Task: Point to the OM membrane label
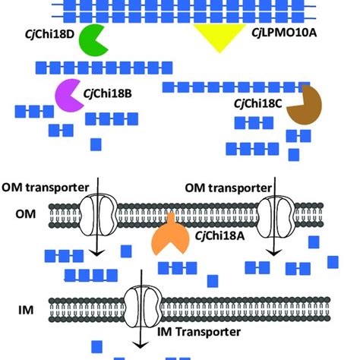[26, 215]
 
